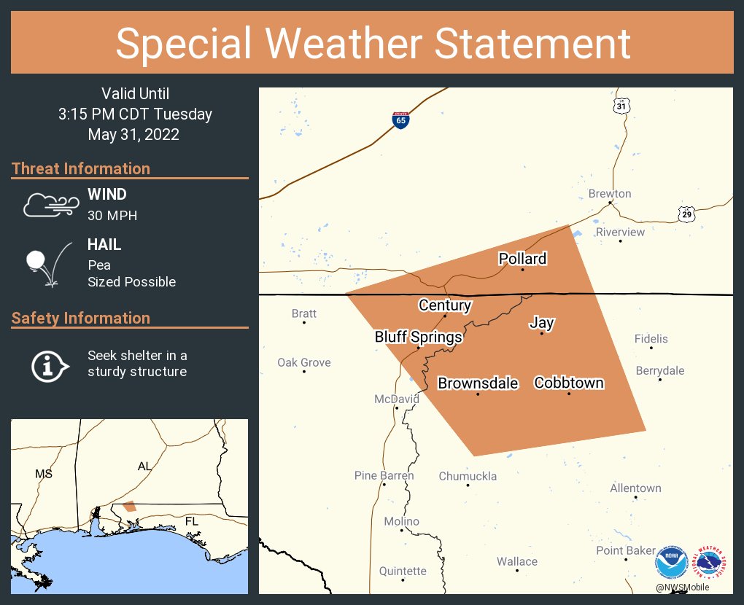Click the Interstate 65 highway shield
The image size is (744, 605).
tap(400, 120)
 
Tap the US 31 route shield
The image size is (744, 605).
tap(621, 106)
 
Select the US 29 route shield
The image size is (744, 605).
tap(686, 214)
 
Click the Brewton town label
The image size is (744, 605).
tap(610, 194)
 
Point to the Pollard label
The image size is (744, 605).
tap(522, 259)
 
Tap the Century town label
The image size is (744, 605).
tap(445, 305)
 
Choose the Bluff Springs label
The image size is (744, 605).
tap(418, 337)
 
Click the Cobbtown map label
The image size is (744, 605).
tap(569, 383)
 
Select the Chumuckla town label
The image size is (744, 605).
tap(468, 476)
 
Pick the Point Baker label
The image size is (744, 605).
tap(626, 550)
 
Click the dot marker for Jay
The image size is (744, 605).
tap(541, 334)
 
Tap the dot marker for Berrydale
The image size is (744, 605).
tap(660, 380)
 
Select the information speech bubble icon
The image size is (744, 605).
tap(50, 364)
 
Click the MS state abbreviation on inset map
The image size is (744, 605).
tap(44, 474)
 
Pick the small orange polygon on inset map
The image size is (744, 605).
tap(129, 506)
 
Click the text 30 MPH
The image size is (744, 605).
tap(112, 216)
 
